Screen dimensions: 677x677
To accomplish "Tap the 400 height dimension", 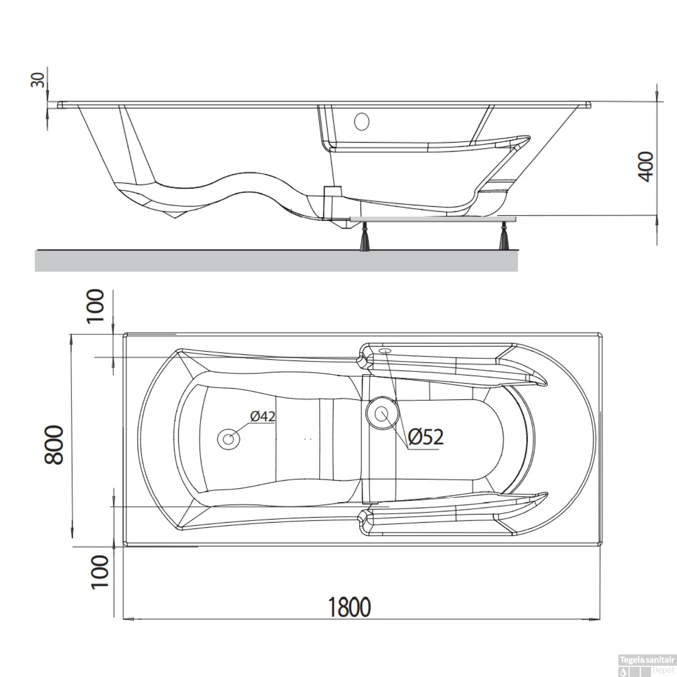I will coord(647,167).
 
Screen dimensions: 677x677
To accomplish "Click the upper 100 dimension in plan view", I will coord(95,306).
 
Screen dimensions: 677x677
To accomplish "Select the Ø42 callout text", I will coord(263,416).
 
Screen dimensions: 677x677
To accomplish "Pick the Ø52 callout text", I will coord(425,436).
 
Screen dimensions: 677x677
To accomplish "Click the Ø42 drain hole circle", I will coord(228,439).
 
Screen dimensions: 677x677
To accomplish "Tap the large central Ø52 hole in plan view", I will coord(382,413).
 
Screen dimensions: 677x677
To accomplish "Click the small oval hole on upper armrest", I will coord(385,351).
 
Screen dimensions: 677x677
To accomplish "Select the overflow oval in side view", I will coord(362,121).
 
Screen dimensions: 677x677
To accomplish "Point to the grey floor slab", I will coord(276,260).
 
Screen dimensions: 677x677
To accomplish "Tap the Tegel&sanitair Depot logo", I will coord(646,666).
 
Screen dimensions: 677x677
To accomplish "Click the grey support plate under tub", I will coord(433,218).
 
